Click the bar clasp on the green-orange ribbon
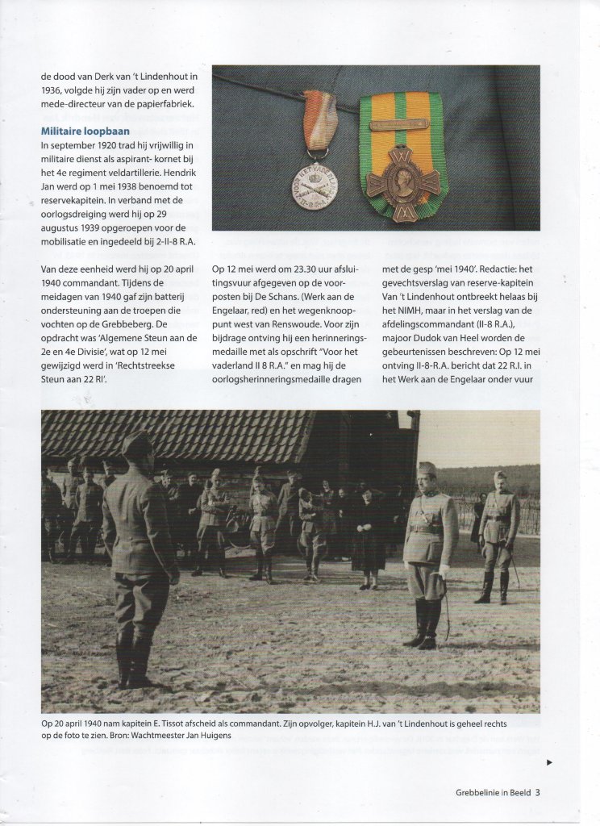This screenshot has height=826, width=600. (400, 125)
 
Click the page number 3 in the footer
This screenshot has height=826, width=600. (537, 792)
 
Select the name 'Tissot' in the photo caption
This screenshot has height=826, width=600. (177, 724)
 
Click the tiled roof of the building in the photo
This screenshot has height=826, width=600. (177, 436)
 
